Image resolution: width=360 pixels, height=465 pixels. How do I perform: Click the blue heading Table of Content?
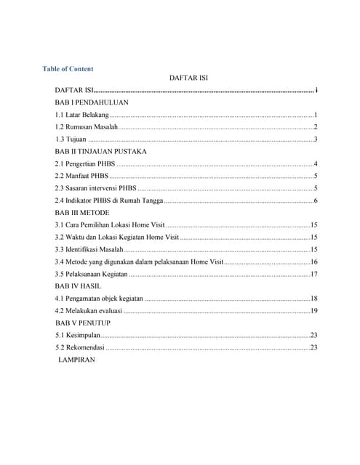pyautogui.click(x=68, y=69)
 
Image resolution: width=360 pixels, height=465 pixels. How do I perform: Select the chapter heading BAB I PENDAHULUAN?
pyautogui.click(x=92, y=103)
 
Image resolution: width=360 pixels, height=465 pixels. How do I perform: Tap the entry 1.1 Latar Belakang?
pyautogui.click(x=82, y=116)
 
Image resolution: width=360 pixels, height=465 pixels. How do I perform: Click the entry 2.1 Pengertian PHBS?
pyautogui.click(x=85, y=163)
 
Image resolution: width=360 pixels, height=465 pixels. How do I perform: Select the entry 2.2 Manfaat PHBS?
pyautogui.click(x=81, y=176)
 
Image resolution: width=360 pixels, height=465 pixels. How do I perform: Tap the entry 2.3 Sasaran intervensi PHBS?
pyautogui.click(x=95, y=188)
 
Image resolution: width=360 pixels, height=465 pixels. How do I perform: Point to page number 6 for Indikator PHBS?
pyautogui.click(x=316, y=200)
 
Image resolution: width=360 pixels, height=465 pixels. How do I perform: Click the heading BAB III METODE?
pyautogui.click(x=82, y=212)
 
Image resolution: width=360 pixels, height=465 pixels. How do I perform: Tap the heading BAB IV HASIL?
pyautogui.click(x=79, y=286)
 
